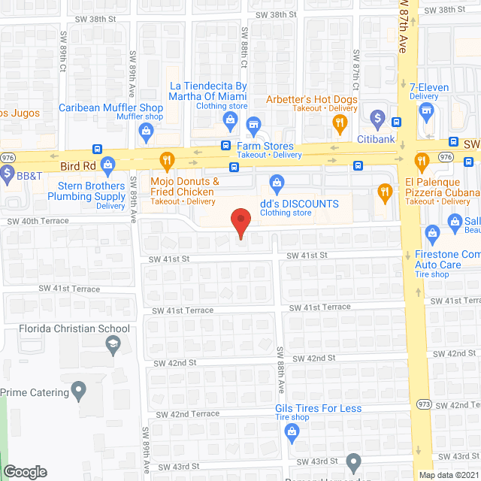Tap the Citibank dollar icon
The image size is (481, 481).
tap(377, 119)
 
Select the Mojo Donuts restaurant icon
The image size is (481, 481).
tap(167, 159)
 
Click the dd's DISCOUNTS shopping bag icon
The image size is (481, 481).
tap(277, 183)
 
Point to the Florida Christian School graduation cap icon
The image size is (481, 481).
tap(113, 344)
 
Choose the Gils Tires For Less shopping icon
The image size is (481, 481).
tap(292, 431)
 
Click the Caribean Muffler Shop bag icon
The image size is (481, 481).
tap(147, 133)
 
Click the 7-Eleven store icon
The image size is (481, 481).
tap(427, 112)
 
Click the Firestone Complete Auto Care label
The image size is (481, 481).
tap(448, 260)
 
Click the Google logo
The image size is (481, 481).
tap(25, 471)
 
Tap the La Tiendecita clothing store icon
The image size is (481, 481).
tap(231, 119)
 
